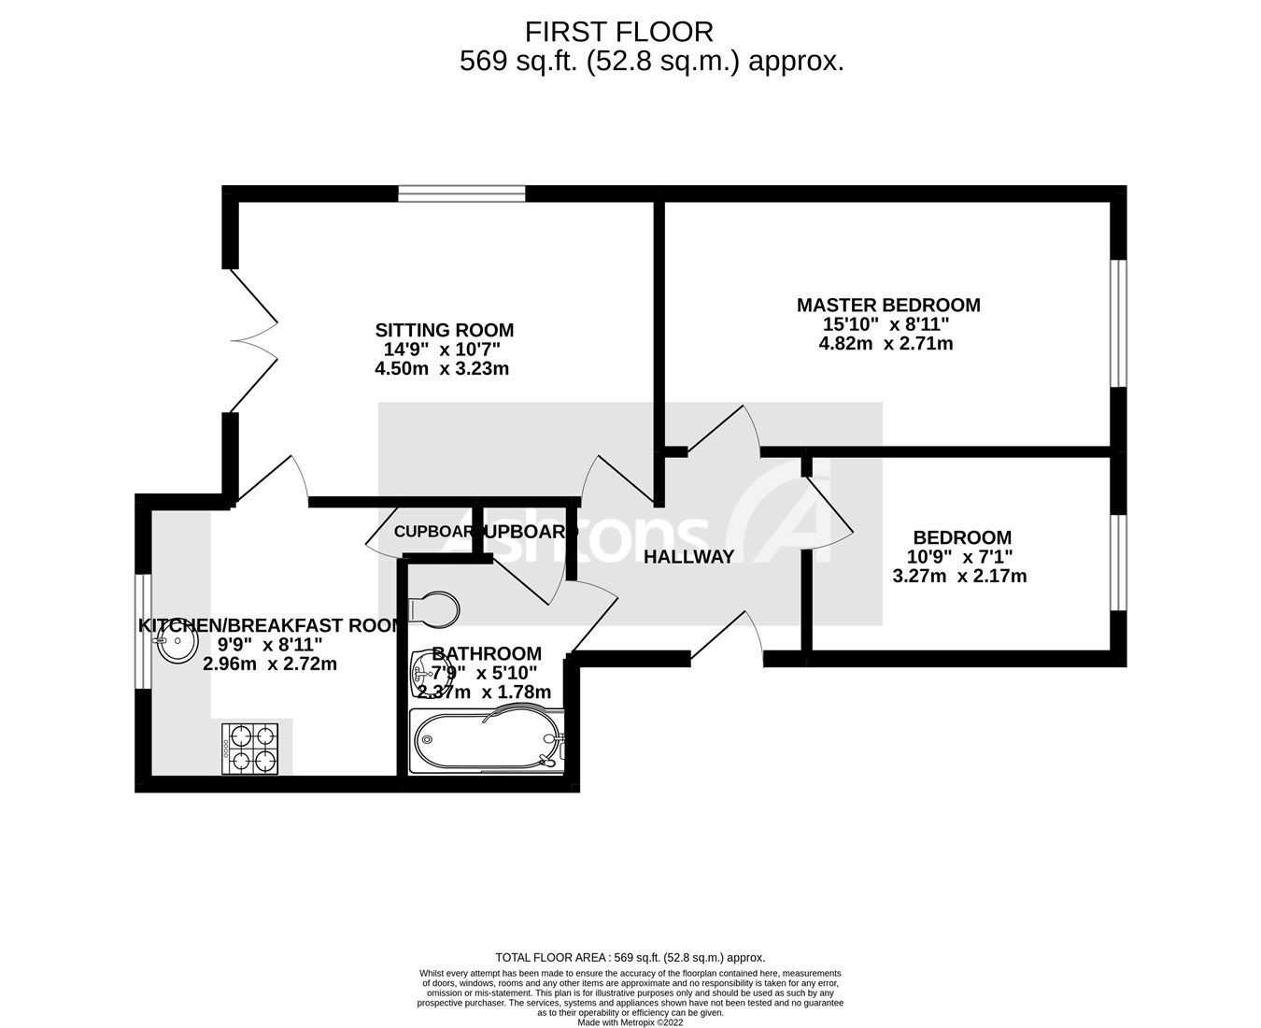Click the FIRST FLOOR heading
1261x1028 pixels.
point(618,32)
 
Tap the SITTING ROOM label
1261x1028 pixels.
point(445,330)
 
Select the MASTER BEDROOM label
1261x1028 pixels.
point(888,305)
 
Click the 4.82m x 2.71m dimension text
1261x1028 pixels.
point(886,343)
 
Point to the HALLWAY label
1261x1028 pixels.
point(689,557)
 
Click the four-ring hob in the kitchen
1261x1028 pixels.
point(250,749)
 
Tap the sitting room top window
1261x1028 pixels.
point(461,193)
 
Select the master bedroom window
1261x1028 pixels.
point(1118,322)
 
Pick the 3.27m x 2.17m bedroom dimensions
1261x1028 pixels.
point(959,576)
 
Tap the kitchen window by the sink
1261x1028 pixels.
point(143,631)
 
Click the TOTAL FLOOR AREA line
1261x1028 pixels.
point(630,957)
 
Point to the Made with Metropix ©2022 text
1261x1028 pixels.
point(630,1022)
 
